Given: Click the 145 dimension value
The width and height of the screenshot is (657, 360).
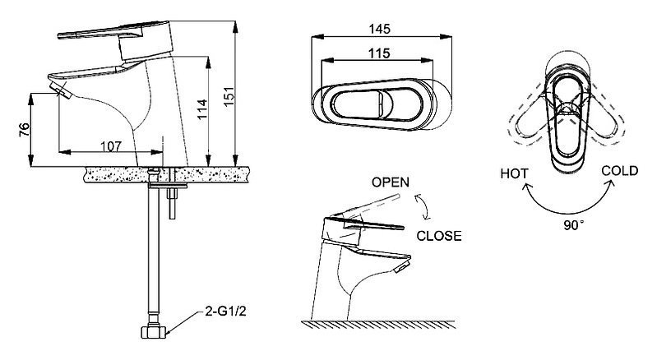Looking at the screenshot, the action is point(379,29).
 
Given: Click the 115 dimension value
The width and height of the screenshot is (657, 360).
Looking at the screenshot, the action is point(379,53).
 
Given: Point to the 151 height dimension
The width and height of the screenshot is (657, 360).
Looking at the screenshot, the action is point(228,97).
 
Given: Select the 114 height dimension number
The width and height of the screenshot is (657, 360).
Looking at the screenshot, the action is point(202,109).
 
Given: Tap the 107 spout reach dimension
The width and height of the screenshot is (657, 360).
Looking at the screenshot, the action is point(111,146).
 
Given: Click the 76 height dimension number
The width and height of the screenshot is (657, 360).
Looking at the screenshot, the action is point(25,130).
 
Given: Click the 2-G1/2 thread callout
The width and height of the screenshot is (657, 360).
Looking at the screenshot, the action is point(225,312).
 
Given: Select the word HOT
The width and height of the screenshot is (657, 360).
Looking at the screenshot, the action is point(514,173).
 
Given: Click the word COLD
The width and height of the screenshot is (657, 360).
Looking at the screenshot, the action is point(620,171).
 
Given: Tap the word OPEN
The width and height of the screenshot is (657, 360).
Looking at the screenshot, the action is point(391,182).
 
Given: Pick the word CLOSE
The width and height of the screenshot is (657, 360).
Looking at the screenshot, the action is point(439,236).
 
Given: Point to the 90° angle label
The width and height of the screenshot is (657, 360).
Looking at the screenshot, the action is point(574,225).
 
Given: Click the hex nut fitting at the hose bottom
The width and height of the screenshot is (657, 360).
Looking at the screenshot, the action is point(154,332).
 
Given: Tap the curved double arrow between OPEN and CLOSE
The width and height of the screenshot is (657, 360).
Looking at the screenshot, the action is point(423,206).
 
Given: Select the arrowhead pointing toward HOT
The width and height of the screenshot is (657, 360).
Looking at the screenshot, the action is point(525,187).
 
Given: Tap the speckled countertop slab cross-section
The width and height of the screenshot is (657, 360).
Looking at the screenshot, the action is point(167,174).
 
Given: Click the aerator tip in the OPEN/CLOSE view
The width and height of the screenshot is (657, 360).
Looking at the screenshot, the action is point(402,266).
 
